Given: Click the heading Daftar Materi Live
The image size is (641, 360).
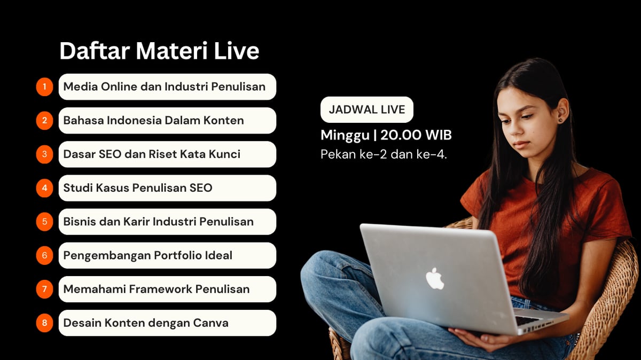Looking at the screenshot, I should pos(159,51).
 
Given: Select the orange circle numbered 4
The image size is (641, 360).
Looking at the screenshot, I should pos(45,188).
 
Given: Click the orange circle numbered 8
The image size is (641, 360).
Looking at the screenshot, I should pos(45,323).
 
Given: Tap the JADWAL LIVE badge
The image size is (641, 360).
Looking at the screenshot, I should pos(366,110).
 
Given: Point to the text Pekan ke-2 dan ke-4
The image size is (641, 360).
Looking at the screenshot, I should pos(384,154).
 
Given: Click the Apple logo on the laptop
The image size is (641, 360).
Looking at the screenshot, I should pos(435,279).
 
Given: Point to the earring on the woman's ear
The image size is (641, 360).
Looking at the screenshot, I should pos(560,120).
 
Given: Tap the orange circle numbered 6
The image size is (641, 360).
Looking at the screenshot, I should pos(45,255).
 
